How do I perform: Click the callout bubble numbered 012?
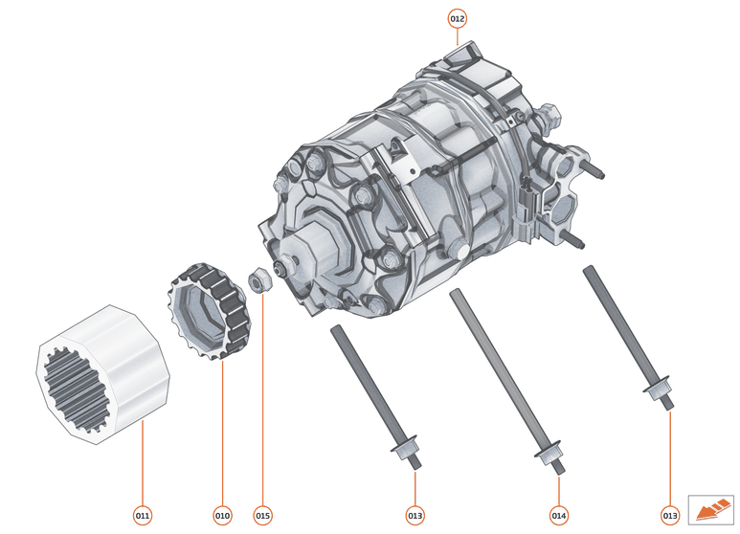[x=457, y=18]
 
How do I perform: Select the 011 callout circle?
[x=142, y=516]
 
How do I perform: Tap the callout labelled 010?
[x=222, y=516]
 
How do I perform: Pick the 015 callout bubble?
[x=262, y=516]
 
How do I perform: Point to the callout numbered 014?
[x=559, y=516]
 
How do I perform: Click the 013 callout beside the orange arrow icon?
[x=670, y=516]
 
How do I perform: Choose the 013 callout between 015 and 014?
[x=414, y=516]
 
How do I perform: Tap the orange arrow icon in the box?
[x=709, y=508]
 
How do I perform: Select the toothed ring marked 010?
[x=209, y=307]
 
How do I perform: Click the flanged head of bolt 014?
[x=549, y=453]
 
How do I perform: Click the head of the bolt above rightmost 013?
[x=657, y=389]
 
